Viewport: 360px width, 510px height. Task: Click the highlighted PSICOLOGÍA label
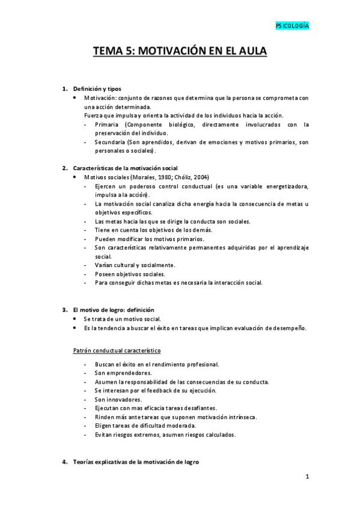point(292,26)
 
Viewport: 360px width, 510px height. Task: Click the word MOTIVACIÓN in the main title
point(171,52)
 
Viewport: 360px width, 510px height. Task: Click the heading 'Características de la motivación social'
point(124,168)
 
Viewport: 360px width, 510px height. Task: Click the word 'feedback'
point(162,390)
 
